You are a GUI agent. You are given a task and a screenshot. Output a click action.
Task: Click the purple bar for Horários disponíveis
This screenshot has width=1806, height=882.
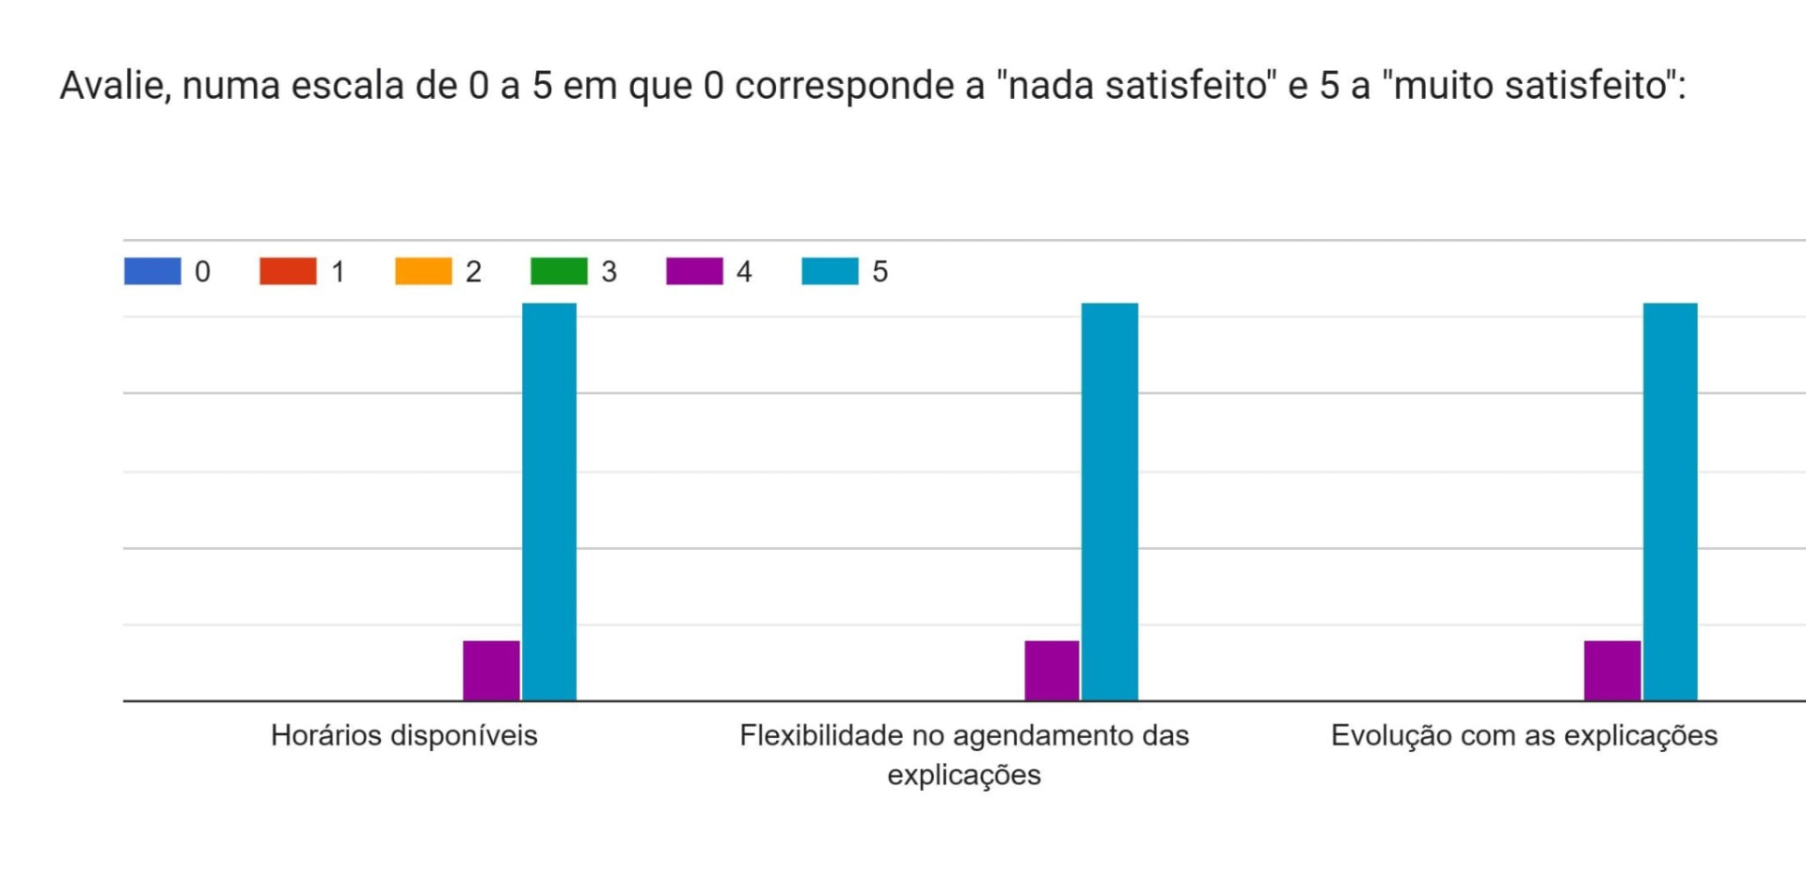point(491,670)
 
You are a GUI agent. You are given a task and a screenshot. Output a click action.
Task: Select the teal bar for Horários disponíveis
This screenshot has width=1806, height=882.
point(549,502)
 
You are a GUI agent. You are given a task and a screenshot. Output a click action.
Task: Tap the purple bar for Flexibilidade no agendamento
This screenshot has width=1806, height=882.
point(1052,670)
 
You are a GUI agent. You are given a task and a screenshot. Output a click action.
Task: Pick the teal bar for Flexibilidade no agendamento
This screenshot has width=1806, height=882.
point(1110,502)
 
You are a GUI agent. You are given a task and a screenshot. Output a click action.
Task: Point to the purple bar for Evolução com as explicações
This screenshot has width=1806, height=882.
point(1612,670)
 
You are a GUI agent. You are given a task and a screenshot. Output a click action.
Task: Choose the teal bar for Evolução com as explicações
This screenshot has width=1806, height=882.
point(1671,502)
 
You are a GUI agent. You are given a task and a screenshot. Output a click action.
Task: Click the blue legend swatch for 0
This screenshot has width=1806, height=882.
point(152,271)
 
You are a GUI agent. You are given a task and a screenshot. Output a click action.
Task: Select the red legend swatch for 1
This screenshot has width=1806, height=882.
point(288,271)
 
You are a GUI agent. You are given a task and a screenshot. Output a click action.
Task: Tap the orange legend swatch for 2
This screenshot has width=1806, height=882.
point(423,271)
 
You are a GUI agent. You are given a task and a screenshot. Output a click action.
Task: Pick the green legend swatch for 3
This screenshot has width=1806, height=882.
point(559,271)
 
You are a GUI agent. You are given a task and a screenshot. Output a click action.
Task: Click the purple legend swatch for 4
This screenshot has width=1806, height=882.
point(694,271)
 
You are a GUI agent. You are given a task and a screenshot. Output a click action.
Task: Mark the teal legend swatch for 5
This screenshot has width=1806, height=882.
point(830,271)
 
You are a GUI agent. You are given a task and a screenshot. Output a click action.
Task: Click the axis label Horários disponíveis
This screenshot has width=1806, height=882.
point(404,735)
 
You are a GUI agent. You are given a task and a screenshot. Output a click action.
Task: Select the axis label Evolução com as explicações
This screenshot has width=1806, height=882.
point(1524,735)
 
